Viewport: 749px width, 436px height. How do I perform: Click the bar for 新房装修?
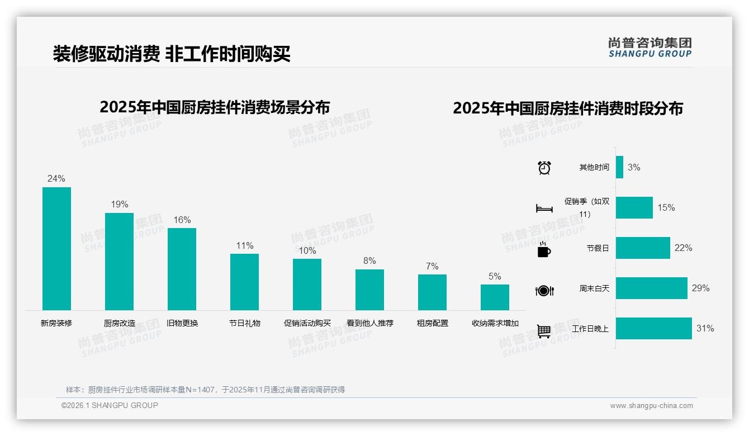(x=56, y=248)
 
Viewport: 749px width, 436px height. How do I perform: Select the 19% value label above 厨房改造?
(x=119, y=205)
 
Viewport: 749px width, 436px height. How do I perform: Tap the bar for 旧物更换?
(x=182, y=269)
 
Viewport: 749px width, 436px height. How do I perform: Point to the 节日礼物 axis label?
(x=244, y=323)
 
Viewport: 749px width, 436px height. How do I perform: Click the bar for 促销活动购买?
(x=307, y=284)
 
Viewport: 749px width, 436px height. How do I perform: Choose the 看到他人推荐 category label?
(x=369, y=323)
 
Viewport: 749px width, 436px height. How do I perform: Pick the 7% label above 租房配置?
(x=432, y=266)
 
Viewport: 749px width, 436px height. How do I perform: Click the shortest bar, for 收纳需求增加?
(x=495, y=297)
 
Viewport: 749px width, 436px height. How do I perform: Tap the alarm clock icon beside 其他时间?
(x=544, y=168)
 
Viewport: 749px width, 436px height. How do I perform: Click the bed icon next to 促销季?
(x=544, y=208)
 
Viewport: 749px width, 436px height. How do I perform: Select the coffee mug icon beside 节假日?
(x=544, y=249)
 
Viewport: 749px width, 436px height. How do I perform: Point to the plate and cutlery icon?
(x=544, y=290)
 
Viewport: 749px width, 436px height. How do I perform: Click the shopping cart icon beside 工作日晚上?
(x=544, y=331)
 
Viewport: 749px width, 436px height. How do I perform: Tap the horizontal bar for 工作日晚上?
(x=653, y=329)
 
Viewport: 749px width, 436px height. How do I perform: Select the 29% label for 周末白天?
(x=700, y=288)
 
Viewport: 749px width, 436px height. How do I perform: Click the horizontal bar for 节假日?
(x=643, y=248)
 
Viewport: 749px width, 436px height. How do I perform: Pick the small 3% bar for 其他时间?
(x=619, y=167)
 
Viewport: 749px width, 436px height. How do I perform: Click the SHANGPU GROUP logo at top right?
(x=650, y=48)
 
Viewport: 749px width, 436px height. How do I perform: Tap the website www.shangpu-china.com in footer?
(x=651, y=406)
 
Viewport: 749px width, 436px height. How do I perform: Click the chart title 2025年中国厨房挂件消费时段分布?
(x=567, y=108)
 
